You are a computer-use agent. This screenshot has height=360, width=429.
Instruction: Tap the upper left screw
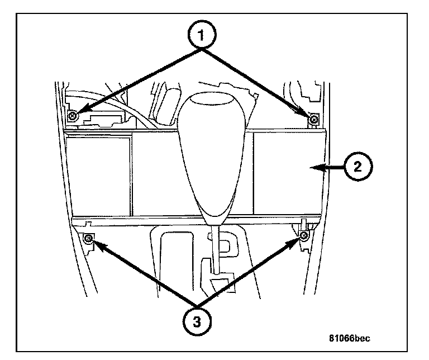pyautogui.click(x=73, y=116)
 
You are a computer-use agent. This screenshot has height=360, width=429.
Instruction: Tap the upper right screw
pyautogui.click(x=314, y=119)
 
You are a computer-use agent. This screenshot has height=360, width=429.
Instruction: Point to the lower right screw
pyautogui.click(x=303, y=237)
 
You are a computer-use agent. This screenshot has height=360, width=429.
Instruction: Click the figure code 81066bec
pyautogui.click(x=349, y=338)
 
